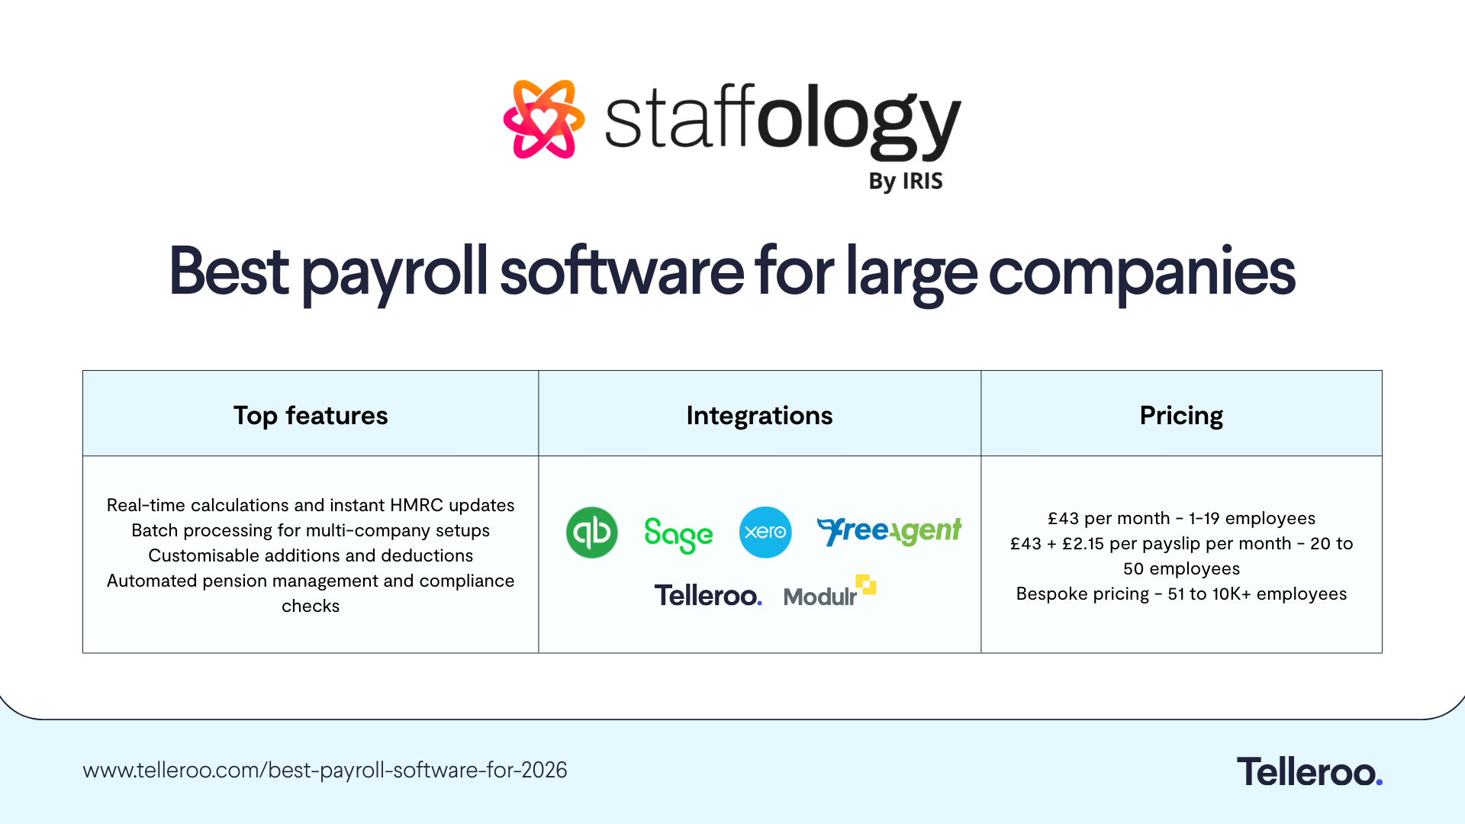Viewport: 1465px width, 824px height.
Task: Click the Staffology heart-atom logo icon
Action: pyautogui.click(x=543, y=119)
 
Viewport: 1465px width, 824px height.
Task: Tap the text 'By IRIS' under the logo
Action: pyautogui.click(x=905, y=182)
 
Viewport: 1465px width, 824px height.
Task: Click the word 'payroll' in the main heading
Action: pyautogui.click(x=394, y=273)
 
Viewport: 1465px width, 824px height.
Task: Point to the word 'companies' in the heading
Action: pyautogui.click(x=1141, y=273)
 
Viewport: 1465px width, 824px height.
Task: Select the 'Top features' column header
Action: pyautogui.click(x=311, y=415)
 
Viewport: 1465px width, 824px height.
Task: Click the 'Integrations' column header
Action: pyautogui.click(x=759, y=415)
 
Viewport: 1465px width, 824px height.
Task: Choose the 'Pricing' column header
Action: pyautogui.click(x=1181, y=415)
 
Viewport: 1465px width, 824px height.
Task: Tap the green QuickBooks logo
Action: pyautogui.click(x=592, y=533)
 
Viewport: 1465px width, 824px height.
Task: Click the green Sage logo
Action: pyautogui.click(x=678, y=534)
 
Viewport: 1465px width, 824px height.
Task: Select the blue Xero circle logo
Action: pyautogui.click(x=765, y=533)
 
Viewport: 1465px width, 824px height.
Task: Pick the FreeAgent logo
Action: pyautogui.click(x=889, y=531)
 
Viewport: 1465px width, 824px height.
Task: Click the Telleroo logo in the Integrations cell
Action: pyautogui.click(x=708, y=595)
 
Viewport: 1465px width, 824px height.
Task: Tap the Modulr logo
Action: pyautogui.click(x=829, y=592)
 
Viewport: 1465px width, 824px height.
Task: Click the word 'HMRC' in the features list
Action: pyautogui.click(x=417, y=505)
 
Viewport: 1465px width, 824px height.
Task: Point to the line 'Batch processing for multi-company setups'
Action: pyautogui.click(x=311, y=530)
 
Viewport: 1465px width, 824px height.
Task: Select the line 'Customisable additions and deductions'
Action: pyautogui.click(x=311, y=555)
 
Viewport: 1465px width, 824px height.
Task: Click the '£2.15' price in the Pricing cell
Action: pyautogui.click(x=1083, y=543)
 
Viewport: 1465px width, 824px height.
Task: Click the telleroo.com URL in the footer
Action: pyautogui.click(x=325, y=770)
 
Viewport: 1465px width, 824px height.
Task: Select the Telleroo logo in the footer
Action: pyautogui.click(x=1309, y=771)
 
